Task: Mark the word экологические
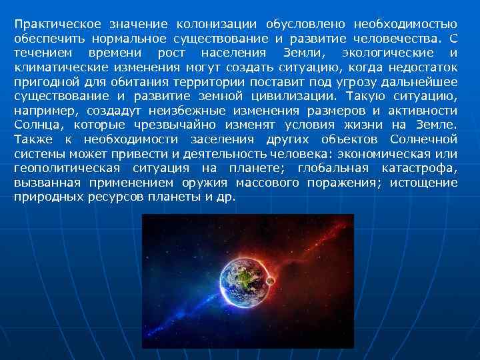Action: pyautogui.click(x=387, y=53)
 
